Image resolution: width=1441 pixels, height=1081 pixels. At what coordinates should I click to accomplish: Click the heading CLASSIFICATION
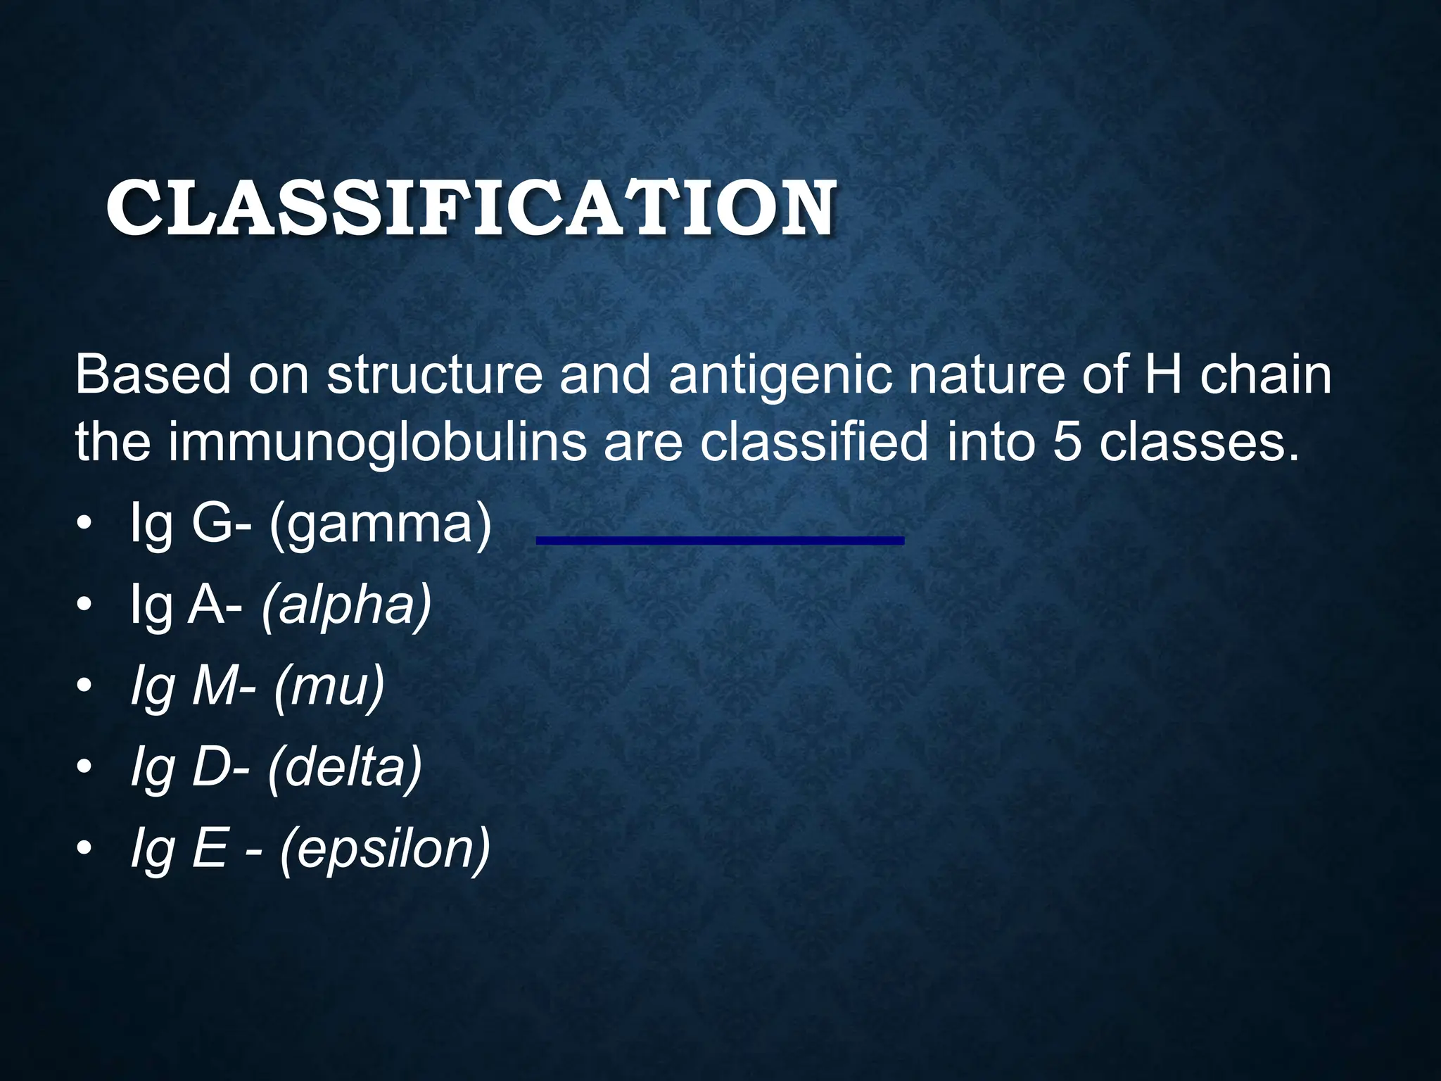click(x=471, y=208)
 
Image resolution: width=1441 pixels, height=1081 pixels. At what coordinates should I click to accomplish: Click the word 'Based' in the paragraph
click(x=153, y=375)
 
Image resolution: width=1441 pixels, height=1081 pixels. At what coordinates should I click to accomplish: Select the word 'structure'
click(x=434, y=375)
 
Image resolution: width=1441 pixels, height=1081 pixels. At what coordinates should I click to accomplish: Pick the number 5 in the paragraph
click(x=1067, y=443)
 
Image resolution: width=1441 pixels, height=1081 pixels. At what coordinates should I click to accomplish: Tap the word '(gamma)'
click(x=381, y=526)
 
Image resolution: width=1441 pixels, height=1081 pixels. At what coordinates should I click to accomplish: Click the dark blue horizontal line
click(x=720, y=540)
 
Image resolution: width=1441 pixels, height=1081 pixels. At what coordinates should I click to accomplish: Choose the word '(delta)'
click(x=345, y=767)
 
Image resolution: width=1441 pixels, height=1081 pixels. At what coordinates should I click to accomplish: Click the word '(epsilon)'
click(x=384, y=849)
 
